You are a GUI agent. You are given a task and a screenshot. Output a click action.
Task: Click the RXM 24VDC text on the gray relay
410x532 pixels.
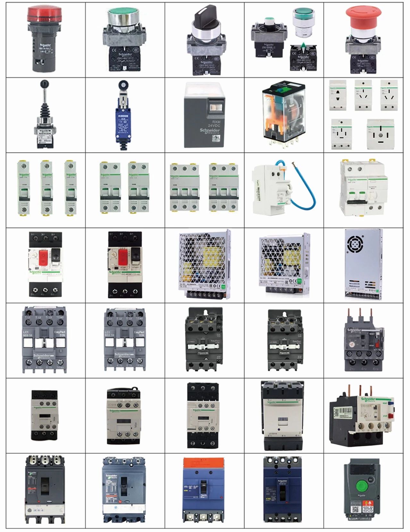(214, 124)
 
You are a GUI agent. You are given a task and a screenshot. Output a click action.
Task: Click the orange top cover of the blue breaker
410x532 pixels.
(204, 462)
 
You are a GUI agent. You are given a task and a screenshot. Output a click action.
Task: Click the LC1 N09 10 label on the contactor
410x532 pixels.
(28, 333)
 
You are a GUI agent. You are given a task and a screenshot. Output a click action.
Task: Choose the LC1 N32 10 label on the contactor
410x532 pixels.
(110, 333)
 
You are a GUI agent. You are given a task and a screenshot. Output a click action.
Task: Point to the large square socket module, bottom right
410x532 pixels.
(380, 134)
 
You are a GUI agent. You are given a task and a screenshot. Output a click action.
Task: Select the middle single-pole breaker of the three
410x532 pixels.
(46, 188)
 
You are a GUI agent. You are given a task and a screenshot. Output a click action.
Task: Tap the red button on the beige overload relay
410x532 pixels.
(390, 416)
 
